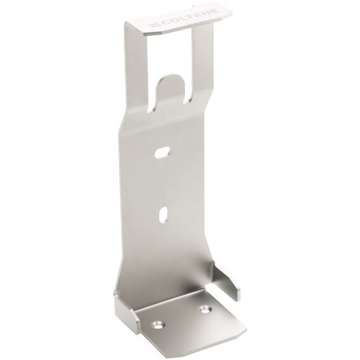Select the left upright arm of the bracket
[135, 72]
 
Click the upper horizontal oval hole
[163, 153]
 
